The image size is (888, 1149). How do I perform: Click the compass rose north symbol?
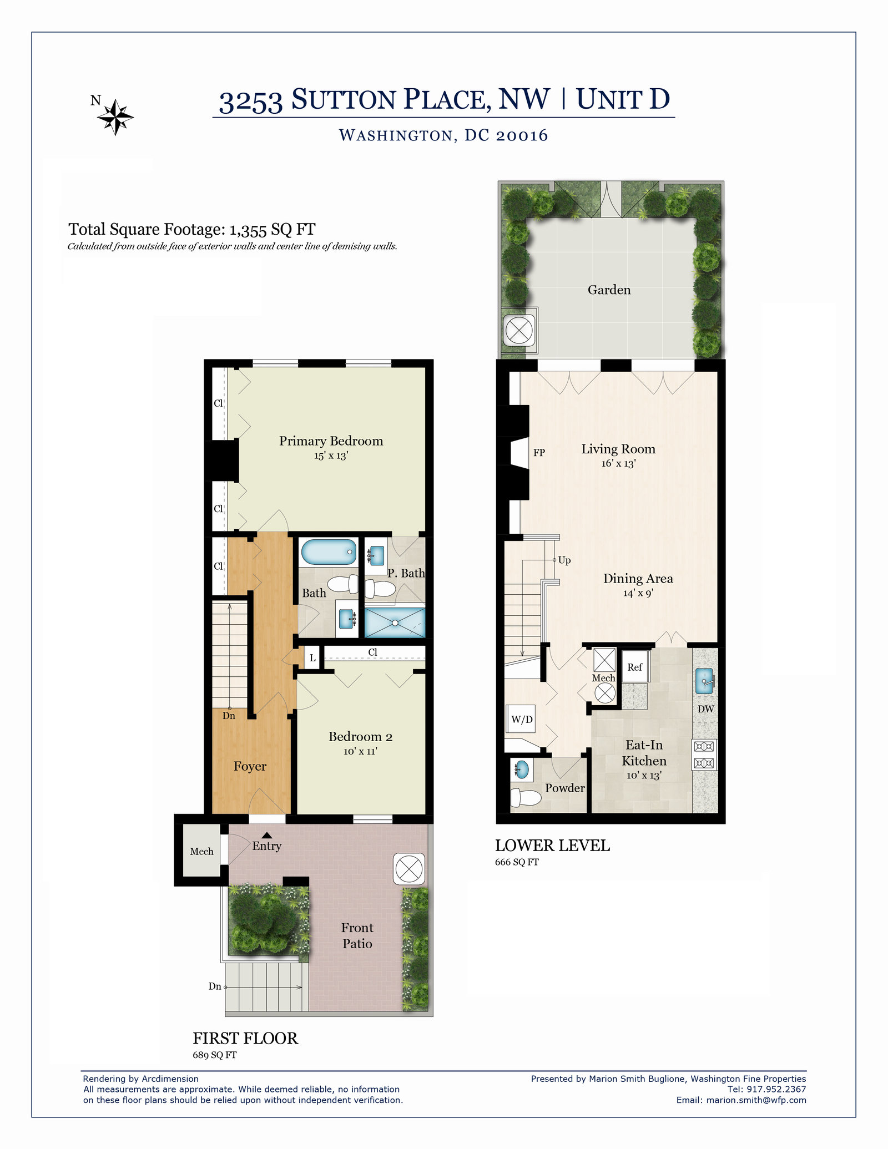(115, 117)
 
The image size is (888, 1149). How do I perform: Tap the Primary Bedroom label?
(331, 441)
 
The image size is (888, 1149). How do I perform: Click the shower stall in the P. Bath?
(395, 622)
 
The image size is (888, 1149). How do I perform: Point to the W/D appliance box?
(521, 720)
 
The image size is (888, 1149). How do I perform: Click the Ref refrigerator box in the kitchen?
(635, 667)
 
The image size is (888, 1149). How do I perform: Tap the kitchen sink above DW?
(704, 681)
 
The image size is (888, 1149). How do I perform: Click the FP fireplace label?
(539, 453)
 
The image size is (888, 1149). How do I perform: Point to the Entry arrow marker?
(267, 835)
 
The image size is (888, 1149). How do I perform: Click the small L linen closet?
(312, 658)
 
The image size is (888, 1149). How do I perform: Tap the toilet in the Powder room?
(524, 798)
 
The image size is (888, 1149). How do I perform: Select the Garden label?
(609, 290)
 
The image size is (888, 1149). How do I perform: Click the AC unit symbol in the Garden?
(519, 331)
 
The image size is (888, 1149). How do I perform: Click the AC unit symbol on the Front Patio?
(409, 869)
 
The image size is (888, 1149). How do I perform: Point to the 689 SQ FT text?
(214, 1055)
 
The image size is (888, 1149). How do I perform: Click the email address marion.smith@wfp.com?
(756, 1100)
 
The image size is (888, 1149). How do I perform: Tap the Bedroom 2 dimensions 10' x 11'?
(360, 751)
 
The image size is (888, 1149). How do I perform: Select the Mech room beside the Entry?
(201, 851)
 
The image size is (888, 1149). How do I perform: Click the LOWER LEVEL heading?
(552, 846)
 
